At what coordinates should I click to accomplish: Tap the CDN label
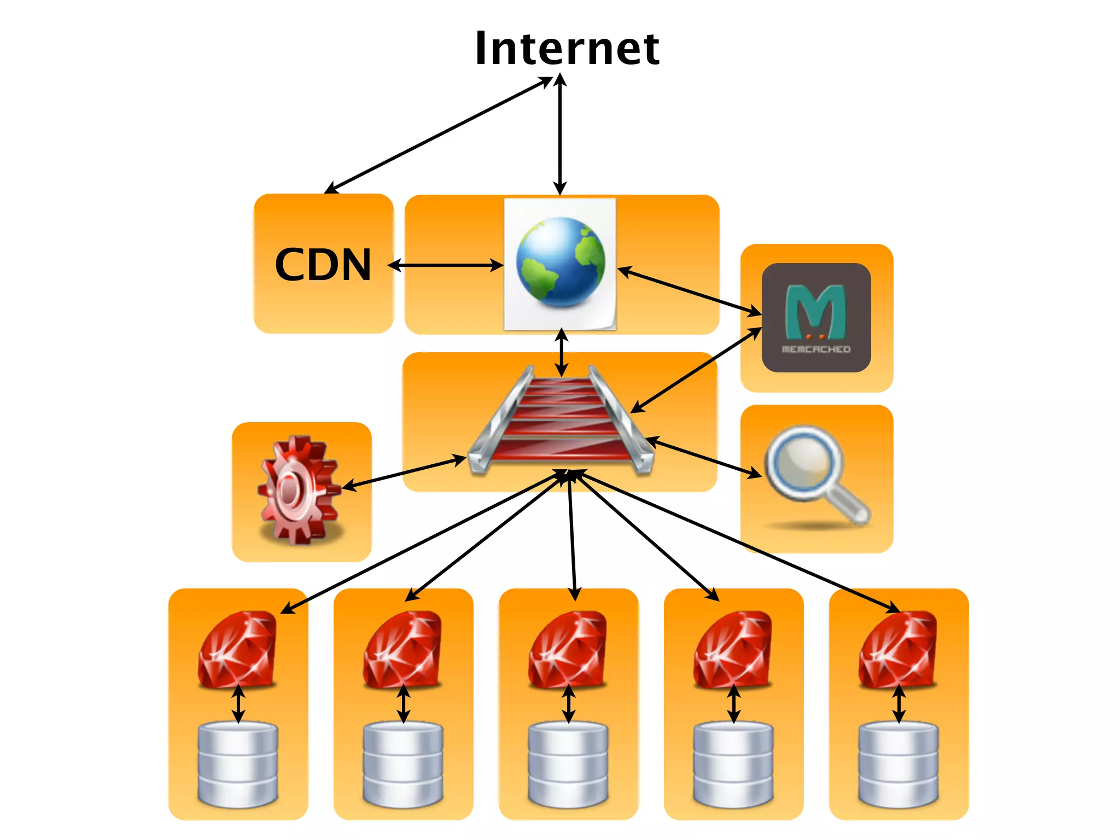[x=323, y=265]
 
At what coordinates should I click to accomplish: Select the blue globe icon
[x=561, y=262]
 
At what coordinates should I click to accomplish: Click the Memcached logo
[x=816, y=318]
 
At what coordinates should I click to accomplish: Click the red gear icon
[x=299, y=489]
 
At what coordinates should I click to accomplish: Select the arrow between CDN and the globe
[x=446, y=266]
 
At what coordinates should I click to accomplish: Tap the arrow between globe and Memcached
[x=689, y=291]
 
